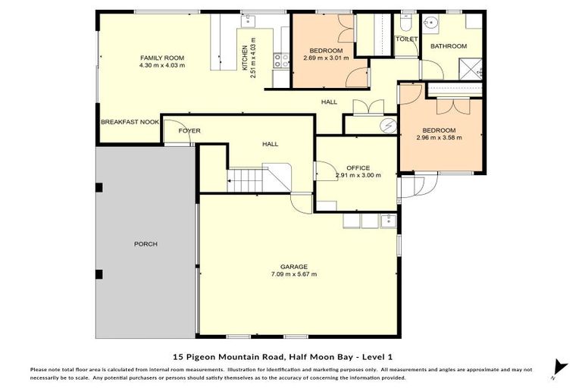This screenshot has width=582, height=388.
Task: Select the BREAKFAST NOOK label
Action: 130,121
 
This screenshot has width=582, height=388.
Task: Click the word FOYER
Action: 189,131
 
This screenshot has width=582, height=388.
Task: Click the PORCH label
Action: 145,244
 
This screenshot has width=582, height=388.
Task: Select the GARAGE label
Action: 294,266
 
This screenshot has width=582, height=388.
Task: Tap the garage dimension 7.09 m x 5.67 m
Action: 294,274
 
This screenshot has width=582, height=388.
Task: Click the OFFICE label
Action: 358,167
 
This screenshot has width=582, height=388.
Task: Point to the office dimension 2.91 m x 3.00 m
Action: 358,175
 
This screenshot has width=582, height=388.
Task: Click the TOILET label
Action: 407,38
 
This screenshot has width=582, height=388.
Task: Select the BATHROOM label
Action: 449,46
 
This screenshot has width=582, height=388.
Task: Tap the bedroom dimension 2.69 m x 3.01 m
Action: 326,58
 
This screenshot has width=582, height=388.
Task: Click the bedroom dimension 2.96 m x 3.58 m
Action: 440,138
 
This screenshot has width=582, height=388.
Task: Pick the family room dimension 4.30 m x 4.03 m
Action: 162,65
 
